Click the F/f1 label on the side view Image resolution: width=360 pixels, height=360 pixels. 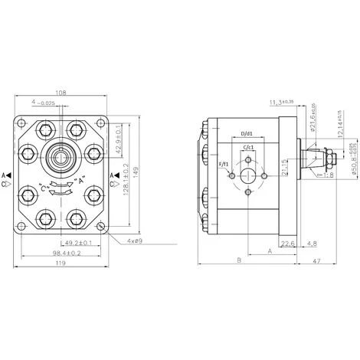[x=222, y=164]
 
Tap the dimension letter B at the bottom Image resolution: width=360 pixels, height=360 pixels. [x=239, y=261]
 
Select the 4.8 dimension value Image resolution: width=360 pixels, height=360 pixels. [x=312, y=244]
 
